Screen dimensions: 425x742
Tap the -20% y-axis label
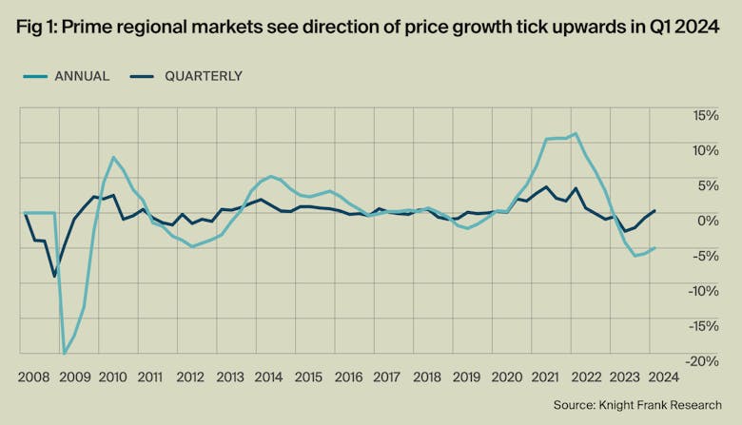tap(705, 361)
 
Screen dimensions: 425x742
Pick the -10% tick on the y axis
tap(705, 291)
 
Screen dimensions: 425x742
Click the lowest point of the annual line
tap(65, 354)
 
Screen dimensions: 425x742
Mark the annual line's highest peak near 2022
tap(576, 133)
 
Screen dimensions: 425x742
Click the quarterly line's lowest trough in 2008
tap(54, 277)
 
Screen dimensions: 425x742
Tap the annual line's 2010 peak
tap(113, 157)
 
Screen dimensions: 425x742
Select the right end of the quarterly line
tap(654, 210)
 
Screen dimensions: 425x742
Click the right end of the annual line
tap(654, 248)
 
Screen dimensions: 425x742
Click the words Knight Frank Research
tap(665, 406)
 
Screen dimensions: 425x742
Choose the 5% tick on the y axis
tap(710, 185)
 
